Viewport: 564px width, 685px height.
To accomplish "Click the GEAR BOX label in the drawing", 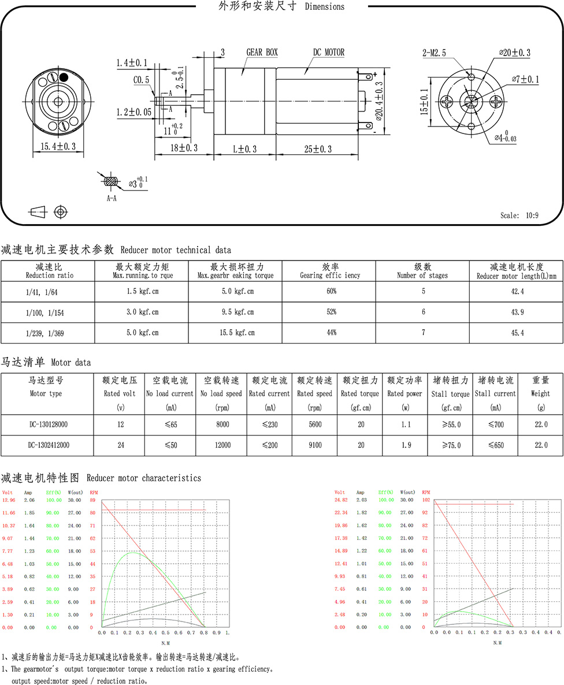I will (262, 53).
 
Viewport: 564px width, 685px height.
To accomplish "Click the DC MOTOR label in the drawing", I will (329, 53).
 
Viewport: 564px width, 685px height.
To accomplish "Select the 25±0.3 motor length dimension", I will (318, 149).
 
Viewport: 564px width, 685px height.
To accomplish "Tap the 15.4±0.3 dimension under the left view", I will (58, 147).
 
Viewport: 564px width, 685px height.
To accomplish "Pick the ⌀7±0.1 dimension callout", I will (525, 79).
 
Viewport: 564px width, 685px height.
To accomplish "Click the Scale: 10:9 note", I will (520, 215).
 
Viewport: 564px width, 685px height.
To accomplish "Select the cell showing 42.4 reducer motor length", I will (516, 292).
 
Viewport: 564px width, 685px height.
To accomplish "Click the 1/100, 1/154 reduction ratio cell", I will (47, 312).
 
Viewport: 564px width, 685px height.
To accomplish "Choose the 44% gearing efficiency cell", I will (331, 333).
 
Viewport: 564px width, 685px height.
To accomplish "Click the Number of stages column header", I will (423, 271).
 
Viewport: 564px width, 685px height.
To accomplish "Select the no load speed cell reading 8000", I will (222, 425).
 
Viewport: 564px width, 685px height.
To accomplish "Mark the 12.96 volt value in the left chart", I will (9, 500).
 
